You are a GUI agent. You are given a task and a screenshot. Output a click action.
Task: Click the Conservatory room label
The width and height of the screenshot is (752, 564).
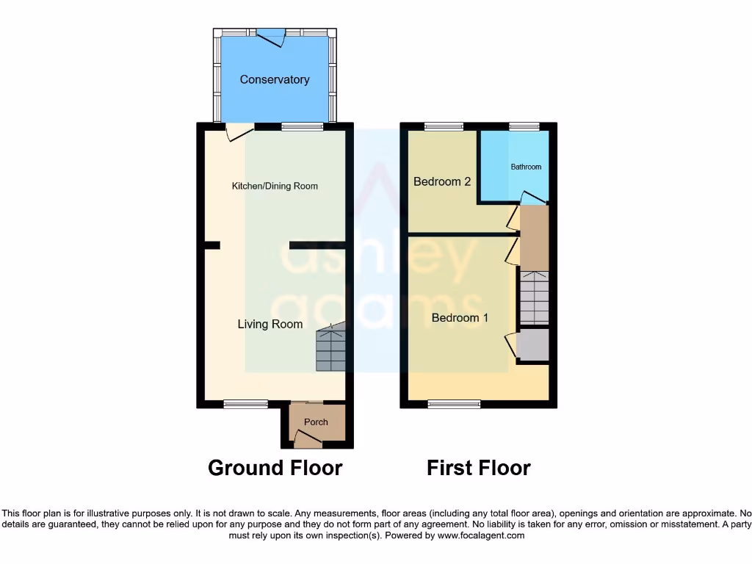click(x=275, y=79)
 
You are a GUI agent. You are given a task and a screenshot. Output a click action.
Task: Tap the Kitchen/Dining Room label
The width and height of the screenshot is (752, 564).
click(x=275, y=186)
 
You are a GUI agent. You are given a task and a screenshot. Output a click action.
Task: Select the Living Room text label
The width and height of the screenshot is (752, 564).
click(x=270, y=324)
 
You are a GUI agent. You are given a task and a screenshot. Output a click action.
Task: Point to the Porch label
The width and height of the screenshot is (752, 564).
click(x=316, y=422)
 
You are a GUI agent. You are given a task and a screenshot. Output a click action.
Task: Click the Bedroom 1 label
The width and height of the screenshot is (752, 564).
click(x=460, y=318)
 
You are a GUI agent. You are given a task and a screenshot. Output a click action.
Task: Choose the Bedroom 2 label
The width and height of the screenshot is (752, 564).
click(x=442, y=181)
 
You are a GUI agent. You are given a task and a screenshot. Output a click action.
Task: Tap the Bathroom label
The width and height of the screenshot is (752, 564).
click(x=526, y=167)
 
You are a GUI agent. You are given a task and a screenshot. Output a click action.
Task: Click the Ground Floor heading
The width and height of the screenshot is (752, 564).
click(x=275, y=468)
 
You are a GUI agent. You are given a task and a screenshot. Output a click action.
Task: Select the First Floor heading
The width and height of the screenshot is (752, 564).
click(x=478, y=468)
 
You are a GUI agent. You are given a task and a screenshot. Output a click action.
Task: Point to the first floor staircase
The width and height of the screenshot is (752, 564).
click(x=534, y=297)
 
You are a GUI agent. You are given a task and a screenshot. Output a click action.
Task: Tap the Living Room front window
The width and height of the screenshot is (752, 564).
click(x=246, y=403)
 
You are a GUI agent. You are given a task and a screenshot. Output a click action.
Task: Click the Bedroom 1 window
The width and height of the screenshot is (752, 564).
click(x=455, y=403)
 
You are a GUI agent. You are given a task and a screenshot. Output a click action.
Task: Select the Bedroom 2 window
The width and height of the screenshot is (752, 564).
click(x=444, y=126)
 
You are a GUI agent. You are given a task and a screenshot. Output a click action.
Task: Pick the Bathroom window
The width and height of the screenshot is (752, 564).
click(x=524, y=126)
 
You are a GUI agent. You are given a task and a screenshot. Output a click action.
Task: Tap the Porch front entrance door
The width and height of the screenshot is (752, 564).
click(x=308, y=440)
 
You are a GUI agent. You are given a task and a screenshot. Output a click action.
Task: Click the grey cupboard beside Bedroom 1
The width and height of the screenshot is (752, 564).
click(x=534, y=345)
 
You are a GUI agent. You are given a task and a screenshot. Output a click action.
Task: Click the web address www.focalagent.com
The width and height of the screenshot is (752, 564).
click(x=482, y=536)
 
